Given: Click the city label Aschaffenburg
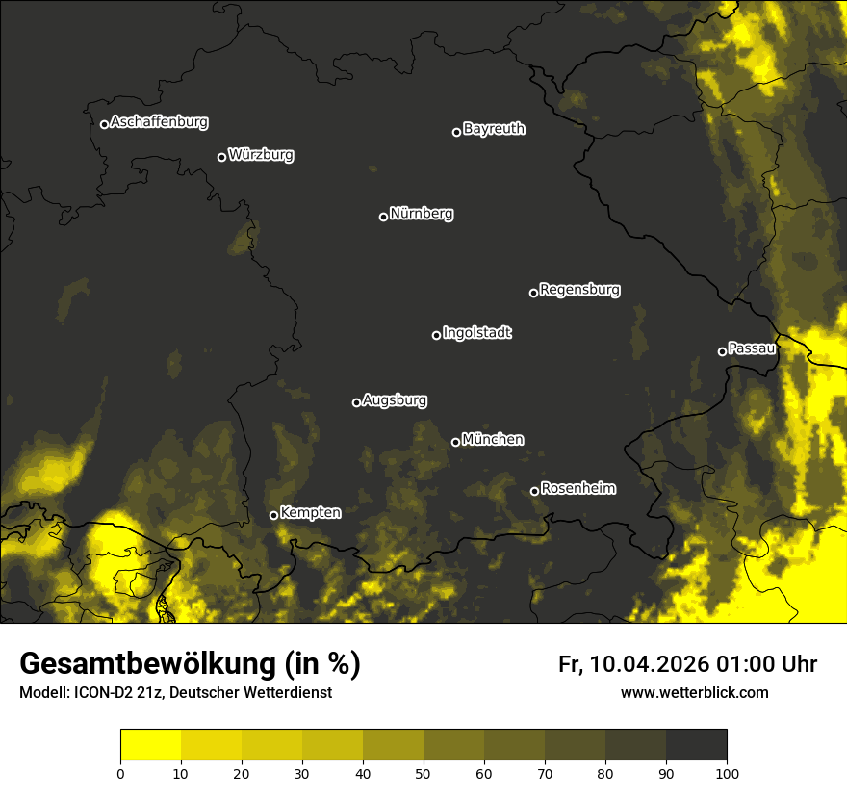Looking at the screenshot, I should coord(159,122).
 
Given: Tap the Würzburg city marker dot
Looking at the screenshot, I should coord(221,157).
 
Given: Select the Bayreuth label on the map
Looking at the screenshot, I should coord(494,129).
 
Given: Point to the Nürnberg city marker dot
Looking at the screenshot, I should coord(383,217).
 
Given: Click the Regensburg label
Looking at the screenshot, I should coord(579,289).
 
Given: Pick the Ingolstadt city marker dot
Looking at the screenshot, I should coord(436,335).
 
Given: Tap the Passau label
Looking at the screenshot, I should coord(752,348).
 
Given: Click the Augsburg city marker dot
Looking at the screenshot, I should coord(356,402).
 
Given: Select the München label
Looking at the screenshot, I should coord(493,439).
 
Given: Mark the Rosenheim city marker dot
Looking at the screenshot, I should coord(534,492).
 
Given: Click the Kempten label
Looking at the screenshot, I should coord(310,512).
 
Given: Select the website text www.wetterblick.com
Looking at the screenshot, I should coord(694,693).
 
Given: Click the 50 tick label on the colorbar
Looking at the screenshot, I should coord(423,773).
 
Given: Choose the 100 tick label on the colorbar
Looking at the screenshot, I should coord(726,773).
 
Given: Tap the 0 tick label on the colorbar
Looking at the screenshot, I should coord(120,773).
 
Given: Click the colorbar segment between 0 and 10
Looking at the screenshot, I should coord(150,745).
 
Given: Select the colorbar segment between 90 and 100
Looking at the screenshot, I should coord(696,745).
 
